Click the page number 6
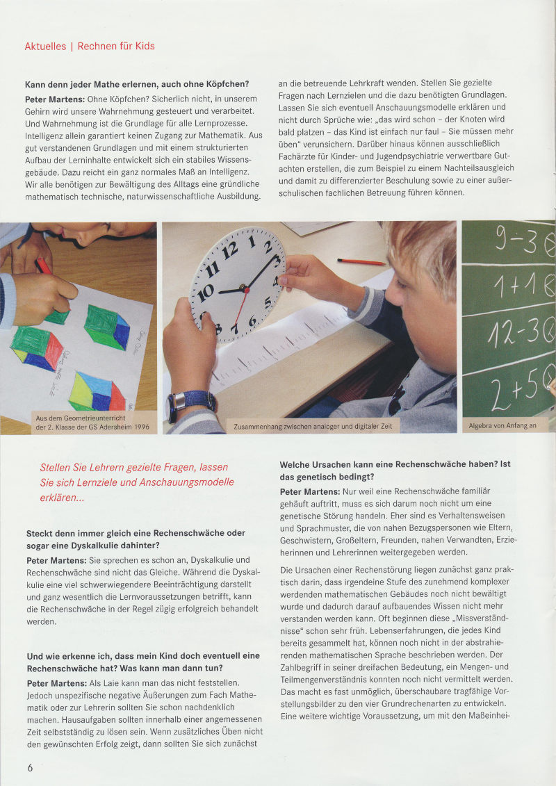pos(30,767)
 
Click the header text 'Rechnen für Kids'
pos(116,47)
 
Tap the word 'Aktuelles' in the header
pos(44,47)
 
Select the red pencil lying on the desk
pos(361,262)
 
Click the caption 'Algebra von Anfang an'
pos(502,425)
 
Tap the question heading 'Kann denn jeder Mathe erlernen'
pos(137,85)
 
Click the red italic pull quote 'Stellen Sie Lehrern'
pos(137,482)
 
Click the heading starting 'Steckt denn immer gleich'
pos(136,539)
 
